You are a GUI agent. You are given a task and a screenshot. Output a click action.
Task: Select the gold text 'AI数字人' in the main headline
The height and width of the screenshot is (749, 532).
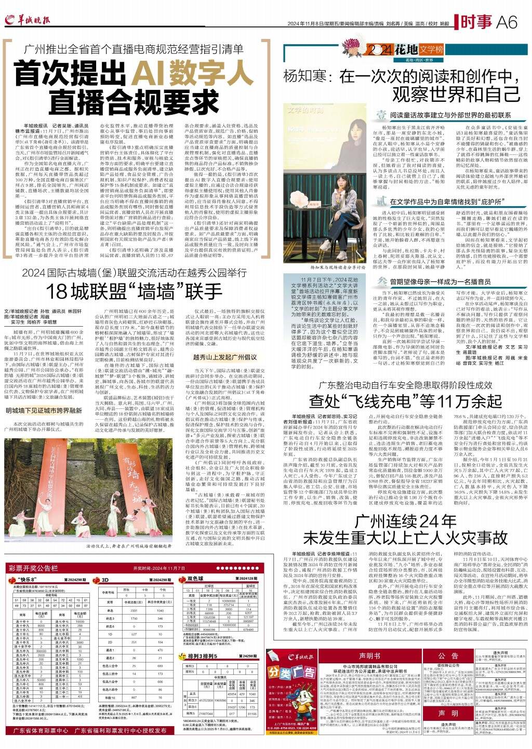(x=192, y=73)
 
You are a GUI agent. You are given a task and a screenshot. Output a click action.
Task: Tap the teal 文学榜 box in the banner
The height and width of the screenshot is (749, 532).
(x=431, y=50)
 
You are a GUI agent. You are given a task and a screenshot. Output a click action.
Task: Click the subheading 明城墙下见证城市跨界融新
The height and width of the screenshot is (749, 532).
(x=44, y=410)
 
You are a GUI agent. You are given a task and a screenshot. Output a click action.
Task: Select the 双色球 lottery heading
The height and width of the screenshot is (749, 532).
(x=195, y=578)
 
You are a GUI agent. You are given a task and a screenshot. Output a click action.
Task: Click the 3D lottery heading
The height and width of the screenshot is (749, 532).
(x=105, y=579)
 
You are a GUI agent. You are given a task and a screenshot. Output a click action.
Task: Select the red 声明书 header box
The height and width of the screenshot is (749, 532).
(x=369, y=656)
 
